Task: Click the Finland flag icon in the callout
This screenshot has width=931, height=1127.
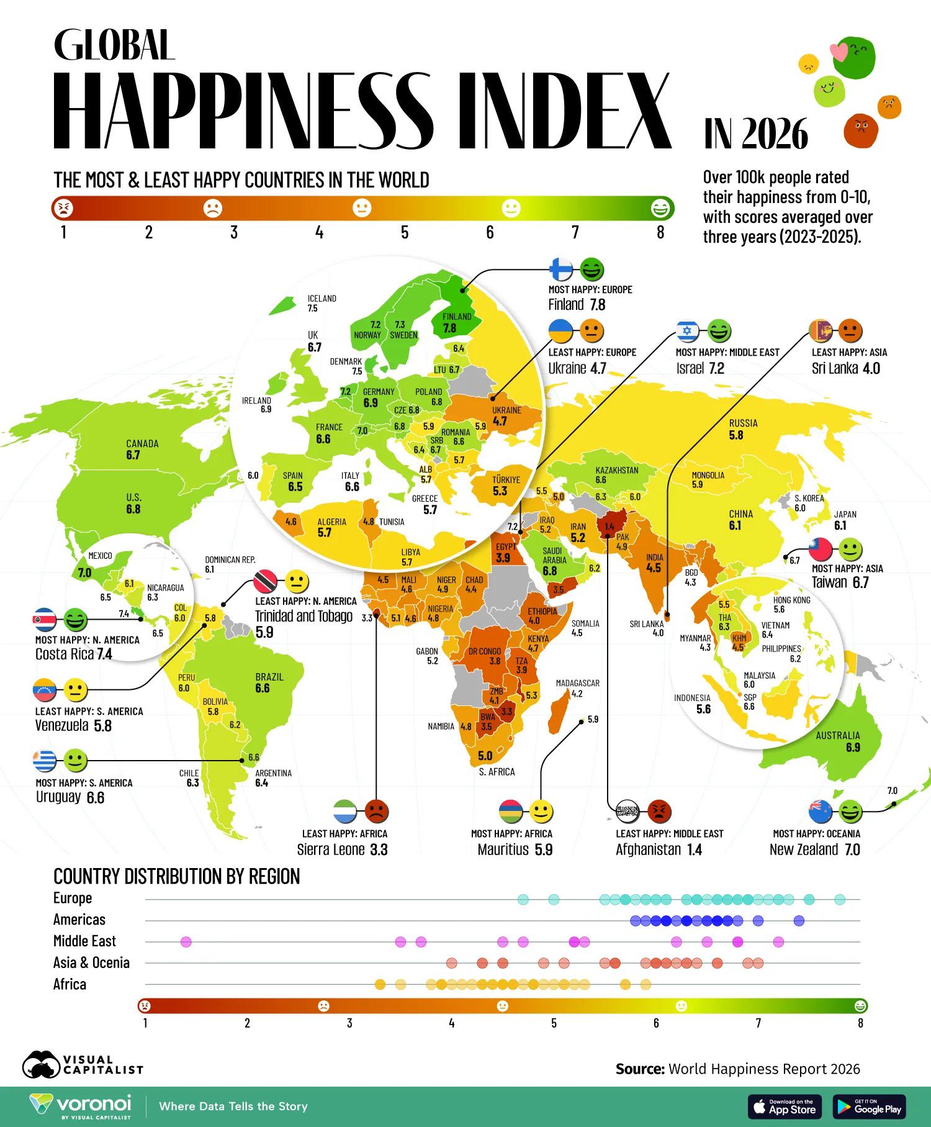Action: coord(562,269)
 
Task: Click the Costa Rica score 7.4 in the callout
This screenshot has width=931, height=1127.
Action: coord(104,654)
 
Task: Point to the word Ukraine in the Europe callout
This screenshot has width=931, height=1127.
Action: coord(567,368)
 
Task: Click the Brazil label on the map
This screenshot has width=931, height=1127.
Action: coord(269,677)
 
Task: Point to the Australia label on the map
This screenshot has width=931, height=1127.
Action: coord(837,736)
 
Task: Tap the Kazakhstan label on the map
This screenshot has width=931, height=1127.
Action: coord(616,470)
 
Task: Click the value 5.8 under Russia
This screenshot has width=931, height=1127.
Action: coord(735,436)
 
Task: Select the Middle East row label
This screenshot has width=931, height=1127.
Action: coord(84,941)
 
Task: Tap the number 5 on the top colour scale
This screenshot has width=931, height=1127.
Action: coord(405,233)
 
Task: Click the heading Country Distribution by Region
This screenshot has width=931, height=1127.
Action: coord(176,876)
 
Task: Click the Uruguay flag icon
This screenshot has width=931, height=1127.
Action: coord(45,759)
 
